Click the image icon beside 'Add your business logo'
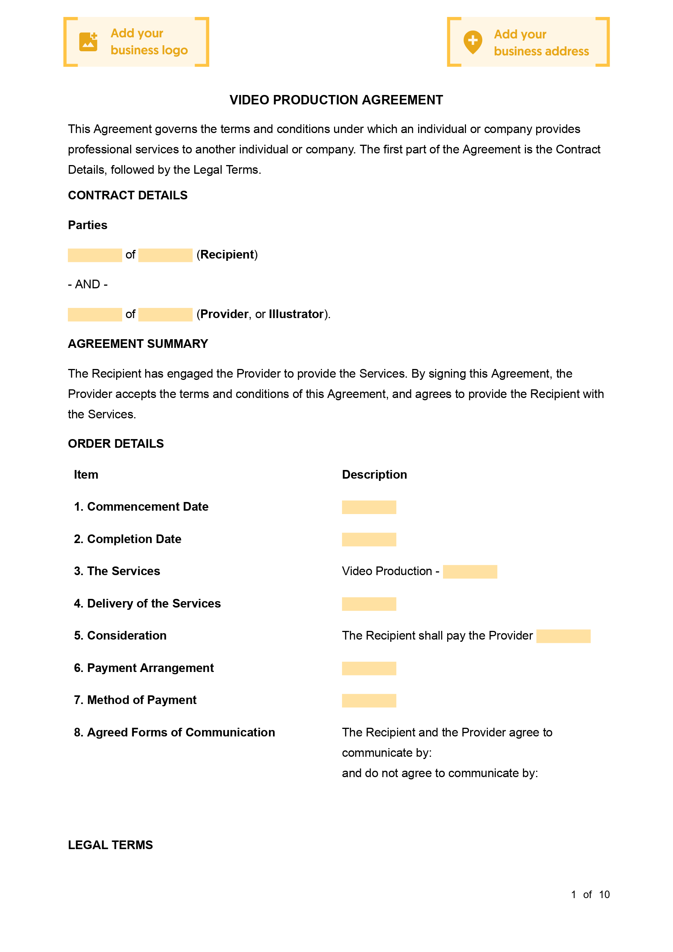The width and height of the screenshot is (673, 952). tap(88, 42)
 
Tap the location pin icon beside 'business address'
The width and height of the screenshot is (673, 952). tap(472, 42)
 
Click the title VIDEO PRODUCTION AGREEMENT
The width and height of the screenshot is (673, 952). tap(336, 100)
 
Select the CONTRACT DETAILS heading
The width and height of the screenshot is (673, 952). tap(127, 195)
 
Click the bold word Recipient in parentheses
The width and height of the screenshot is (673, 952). tap(227, 255)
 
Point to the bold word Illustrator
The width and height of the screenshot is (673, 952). tap(296, 314)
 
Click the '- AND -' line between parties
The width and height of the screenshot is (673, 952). tap(87, 285)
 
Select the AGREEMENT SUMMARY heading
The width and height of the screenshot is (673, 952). tap(138, 344)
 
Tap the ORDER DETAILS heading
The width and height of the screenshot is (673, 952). tap(116, 444)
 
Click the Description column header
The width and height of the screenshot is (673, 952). tap(374, 475)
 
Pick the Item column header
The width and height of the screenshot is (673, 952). tap(86, 475)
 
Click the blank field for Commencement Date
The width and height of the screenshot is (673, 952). tap(369, 507)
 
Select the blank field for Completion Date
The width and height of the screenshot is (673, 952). tap(369, 539)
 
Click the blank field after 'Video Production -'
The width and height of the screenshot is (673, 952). tap(470, 572)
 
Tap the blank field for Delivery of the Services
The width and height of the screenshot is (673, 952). tap(369, 604)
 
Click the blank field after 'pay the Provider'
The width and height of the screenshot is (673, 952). tap(563, 636)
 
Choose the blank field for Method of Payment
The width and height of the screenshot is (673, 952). tap(369, 701)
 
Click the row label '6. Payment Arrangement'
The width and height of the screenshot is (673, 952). tap(144, 668)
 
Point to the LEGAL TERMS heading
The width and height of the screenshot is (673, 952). tap(110, 845)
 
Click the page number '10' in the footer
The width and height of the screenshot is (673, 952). tap(604, 895)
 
